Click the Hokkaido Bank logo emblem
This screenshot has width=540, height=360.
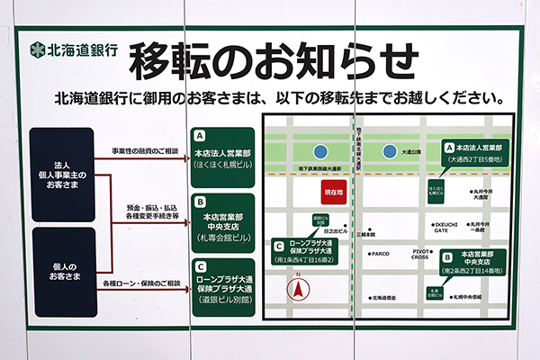(37, 50)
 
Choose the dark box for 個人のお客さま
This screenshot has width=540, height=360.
(63, 272)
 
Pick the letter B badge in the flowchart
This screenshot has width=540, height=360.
(200, 201)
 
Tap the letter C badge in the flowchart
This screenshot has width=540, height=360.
(200, 266)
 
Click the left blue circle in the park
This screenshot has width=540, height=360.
(320, 152)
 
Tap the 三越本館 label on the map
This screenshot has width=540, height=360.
(364, 235)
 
